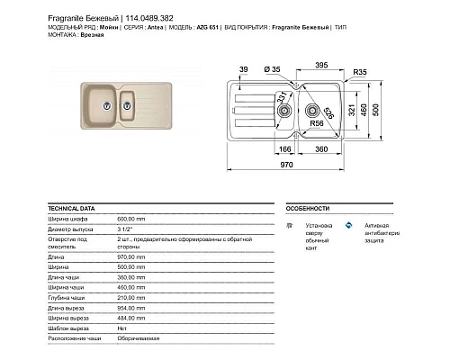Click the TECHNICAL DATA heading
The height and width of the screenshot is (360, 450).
72,207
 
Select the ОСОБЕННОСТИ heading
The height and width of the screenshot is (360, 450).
303,207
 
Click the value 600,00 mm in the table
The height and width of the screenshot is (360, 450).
132,219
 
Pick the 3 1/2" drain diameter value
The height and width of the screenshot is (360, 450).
125,229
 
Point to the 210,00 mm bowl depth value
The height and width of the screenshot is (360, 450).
132,296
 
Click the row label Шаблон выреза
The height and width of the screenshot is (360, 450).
67,329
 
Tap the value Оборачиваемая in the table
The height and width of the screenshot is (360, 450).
140,340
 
